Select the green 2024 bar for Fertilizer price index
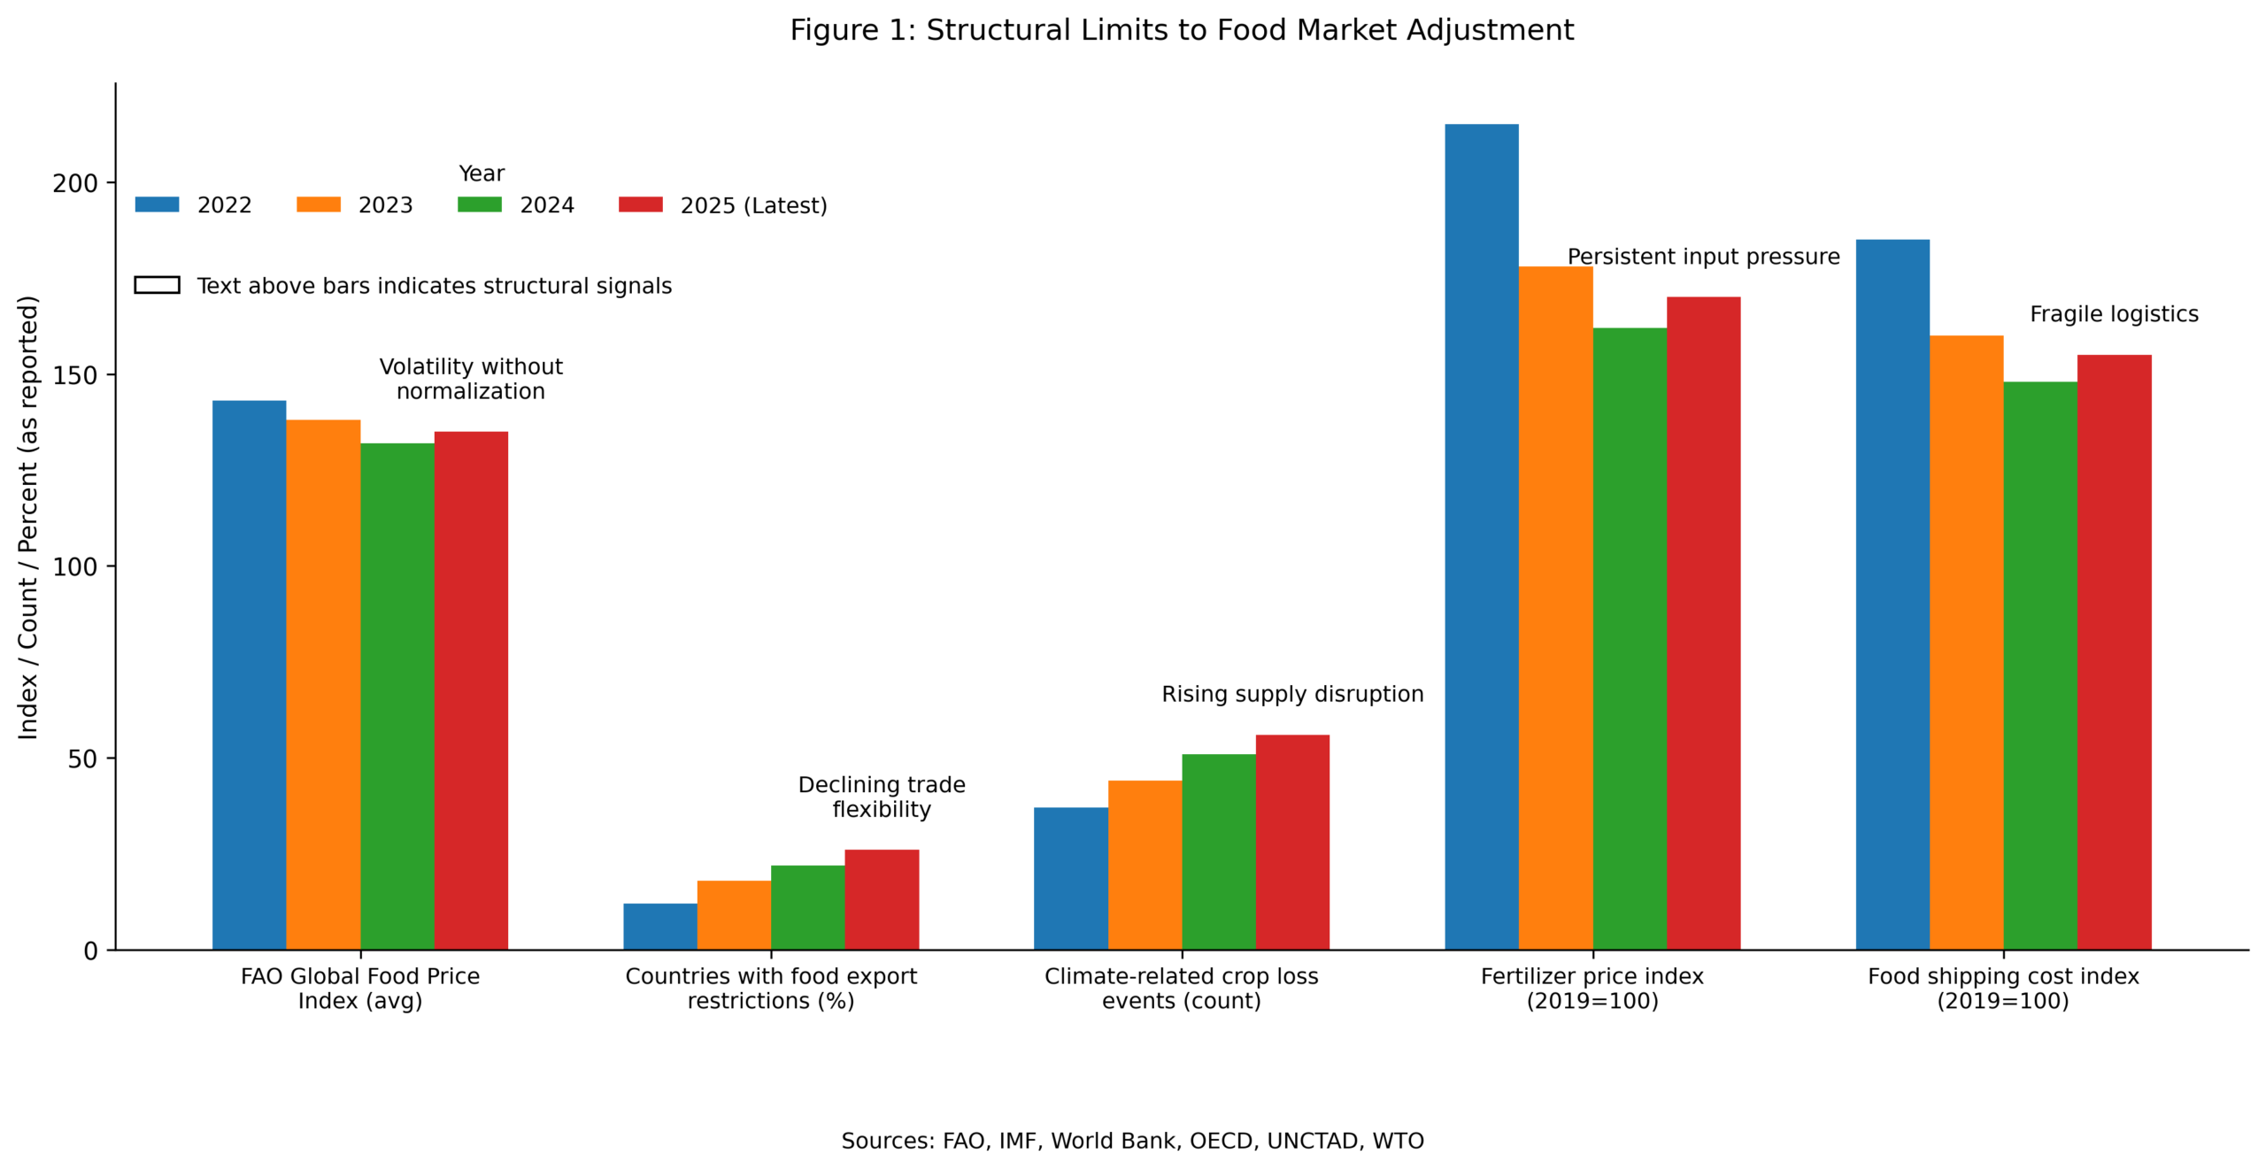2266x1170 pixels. pos(1629,638)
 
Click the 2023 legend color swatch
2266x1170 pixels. pos(318,204)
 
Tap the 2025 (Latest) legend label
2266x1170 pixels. pos(753,205)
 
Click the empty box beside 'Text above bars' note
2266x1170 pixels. pos(157,285)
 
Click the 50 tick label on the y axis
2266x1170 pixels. pos(81,759)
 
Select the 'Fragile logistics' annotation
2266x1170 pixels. pos(2113,314)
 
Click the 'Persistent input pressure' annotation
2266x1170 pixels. pos(1703,257)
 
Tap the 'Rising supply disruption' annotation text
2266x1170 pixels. pos(1292,694)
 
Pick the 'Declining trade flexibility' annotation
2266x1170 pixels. pos(882,797)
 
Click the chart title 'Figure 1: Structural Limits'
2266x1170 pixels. pos(1182,30)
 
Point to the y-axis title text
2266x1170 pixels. pos(28,517)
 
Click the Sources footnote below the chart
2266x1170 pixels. pos(1132,1141)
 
